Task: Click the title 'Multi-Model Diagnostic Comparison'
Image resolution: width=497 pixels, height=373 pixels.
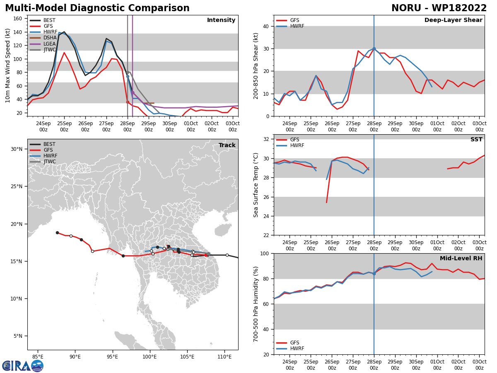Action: [x=97, y=8]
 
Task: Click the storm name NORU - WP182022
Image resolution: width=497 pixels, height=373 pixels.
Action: [x=439, y=8]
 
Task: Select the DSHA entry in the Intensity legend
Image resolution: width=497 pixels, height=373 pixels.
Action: [x=43, y=38]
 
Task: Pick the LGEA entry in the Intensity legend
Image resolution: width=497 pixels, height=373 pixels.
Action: [x=43, y=44]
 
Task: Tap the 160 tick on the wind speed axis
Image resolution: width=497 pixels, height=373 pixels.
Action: [x=18, y=19]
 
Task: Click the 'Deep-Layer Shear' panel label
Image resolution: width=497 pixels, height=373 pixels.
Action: [x=453, y=20]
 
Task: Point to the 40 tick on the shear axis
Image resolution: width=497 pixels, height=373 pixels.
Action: [x=266, y=26]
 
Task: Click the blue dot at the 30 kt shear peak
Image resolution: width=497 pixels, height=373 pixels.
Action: [x=374, y=48]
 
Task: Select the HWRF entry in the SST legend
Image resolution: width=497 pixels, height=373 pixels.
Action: [x=290, y=145]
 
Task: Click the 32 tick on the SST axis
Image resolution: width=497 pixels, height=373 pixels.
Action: [x=266, y=139]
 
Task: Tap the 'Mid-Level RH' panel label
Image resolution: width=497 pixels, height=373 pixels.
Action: [x=461, y=258]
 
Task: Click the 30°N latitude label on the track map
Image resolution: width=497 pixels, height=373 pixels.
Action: [x=17, y=149]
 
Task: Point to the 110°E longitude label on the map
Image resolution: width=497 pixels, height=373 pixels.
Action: [x=224, y=357]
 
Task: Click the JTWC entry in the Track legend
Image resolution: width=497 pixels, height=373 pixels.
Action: [x=43, y=162]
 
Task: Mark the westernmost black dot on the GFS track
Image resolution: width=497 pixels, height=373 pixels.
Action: [x=57, y=233]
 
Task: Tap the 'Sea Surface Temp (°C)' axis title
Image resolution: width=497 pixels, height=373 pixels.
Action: [x=256, y=185]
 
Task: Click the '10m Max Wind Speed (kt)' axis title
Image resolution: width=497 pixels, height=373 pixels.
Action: [x=7, y=65]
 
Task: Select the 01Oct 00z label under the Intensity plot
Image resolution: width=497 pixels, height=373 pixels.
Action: [x=191, y=126]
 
